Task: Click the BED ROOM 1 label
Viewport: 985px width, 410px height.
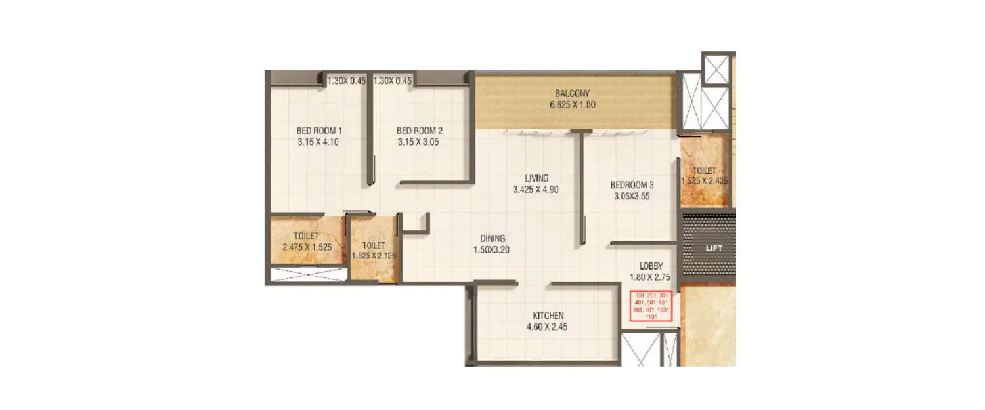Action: [x=318, y=131]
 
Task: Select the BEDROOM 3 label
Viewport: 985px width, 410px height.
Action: [x=632, y=185]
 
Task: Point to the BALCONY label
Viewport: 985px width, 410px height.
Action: [x=572, y=93]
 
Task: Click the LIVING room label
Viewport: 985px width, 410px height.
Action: [x=536, y=178]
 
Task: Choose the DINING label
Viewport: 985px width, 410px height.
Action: [x=492, y=239]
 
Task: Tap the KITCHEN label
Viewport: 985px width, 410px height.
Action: [x=548, y=316]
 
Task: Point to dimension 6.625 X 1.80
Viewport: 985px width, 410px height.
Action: [x=572, y=104]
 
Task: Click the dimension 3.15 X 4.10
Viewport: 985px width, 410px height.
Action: [x=318, y=141]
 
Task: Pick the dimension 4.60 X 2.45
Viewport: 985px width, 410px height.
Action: [x=548, y=326]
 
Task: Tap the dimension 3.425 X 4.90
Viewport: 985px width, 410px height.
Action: [x=536, y=189]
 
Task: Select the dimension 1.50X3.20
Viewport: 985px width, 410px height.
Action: [x=492, y=249]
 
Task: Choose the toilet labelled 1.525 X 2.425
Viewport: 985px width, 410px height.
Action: [x=705, y=176]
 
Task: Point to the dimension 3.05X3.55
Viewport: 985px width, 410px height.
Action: [x=632, y=195]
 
